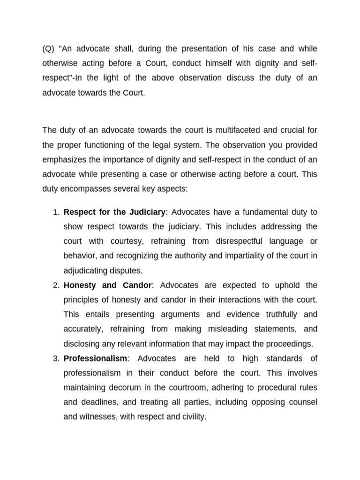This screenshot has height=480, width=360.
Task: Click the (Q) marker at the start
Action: point(49,49)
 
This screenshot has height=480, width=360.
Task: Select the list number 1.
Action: point(55,212)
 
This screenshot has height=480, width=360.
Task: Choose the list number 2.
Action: point(55,285)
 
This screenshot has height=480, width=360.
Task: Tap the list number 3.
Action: point(55,358)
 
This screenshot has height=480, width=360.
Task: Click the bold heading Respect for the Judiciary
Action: point(114,212)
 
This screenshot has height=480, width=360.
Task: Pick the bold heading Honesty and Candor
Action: point(107,285)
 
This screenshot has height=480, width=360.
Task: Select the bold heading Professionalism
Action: point(95,358)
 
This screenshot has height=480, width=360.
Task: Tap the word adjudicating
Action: point(86,270)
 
